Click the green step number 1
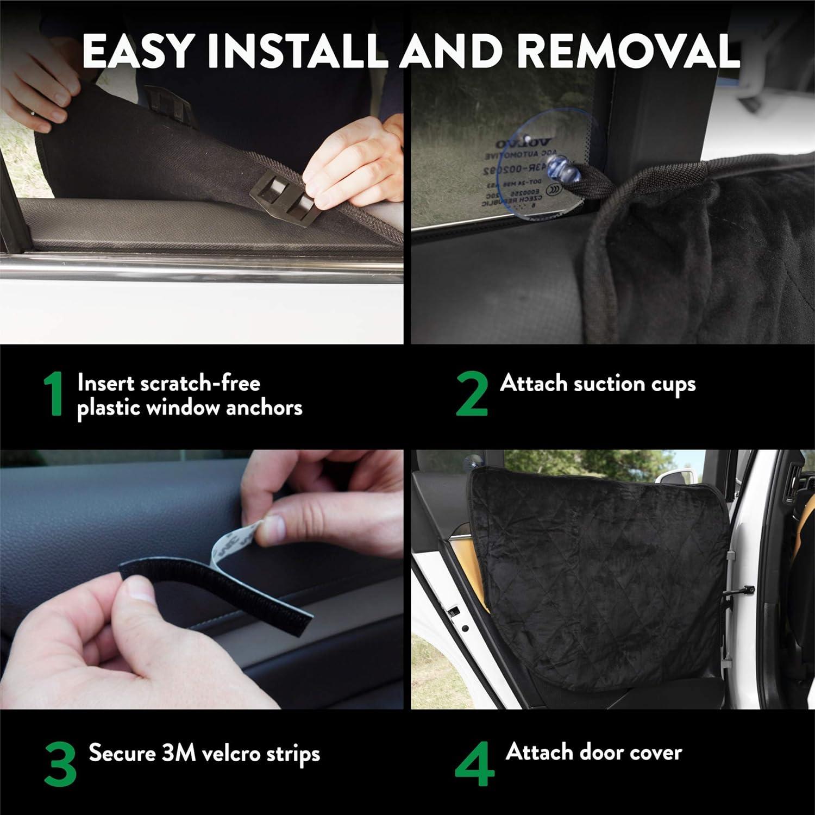click(x=54, y=394)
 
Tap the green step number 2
click(x=471, y=394)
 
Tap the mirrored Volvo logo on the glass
click(x=522, y=143)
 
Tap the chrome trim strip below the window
click(x=201, y=266)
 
